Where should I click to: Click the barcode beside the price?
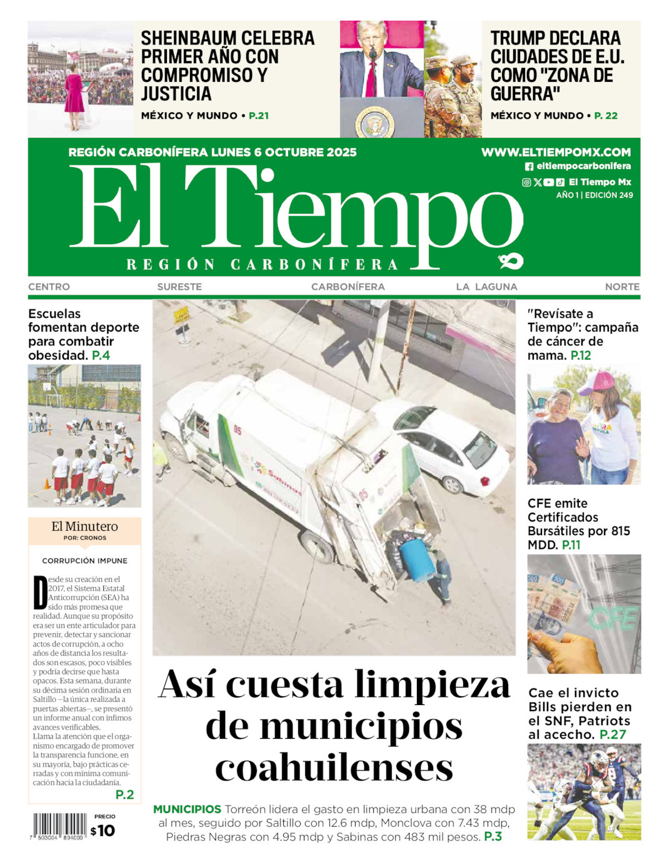[60, 826]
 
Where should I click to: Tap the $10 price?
[103, 831]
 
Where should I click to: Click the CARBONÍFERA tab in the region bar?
[348, 287]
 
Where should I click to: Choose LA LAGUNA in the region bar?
[486, 287]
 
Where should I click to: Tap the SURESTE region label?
[179, 287]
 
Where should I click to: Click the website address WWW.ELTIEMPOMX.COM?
[556, 152]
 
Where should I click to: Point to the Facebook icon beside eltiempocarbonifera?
[529, 167]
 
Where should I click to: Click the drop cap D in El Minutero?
[40, 592]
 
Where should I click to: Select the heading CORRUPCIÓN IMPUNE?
[84, 561]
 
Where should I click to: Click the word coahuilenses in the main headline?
[334, 767]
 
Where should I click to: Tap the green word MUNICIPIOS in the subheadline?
[187, 809]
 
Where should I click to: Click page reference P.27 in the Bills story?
[613, 734]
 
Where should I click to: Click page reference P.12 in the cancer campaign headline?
[581, 355]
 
